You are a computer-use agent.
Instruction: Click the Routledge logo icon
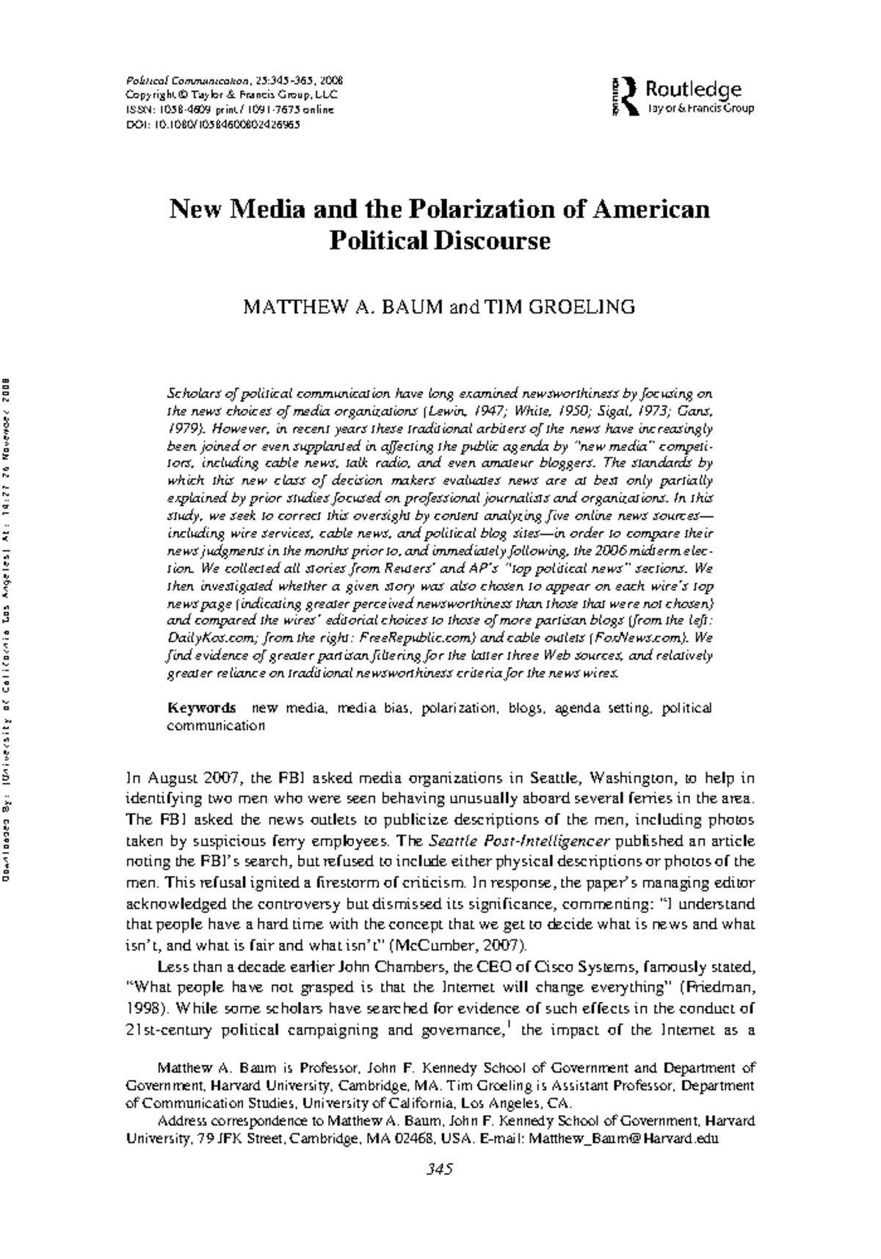623,97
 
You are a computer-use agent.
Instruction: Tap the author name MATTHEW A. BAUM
343,306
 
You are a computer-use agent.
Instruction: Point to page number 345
440,1169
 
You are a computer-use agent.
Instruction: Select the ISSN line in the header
229,110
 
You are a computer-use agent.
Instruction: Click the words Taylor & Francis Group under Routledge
700,109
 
